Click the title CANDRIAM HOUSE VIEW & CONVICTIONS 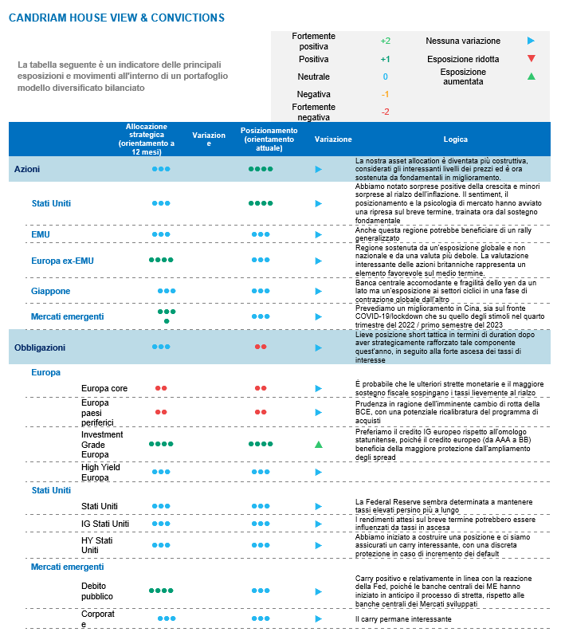[x=116, y=18]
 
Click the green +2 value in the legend [x=385, y=41]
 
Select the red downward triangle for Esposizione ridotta [x=532, y=58]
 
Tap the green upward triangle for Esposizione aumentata [x=532, y=76]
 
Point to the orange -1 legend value [x=385, y=94]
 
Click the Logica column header [x=456, y=139]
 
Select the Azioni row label [x=27, y=169]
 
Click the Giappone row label [x=51, y=291]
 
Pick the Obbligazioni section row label [x=40, y=347]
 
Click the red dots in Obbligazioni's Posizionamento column [x=261, y=347]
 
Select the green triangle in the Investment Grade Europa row [x=319, y=444]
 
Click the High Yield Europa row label [x=100, y=472]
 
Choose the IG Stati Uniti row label [x=105, y=524]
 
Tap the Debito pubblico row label [x=97, y=591]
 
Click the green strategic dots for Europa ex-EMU [x=161, y=260]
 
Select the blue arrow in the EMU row [x=319, y=234]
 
